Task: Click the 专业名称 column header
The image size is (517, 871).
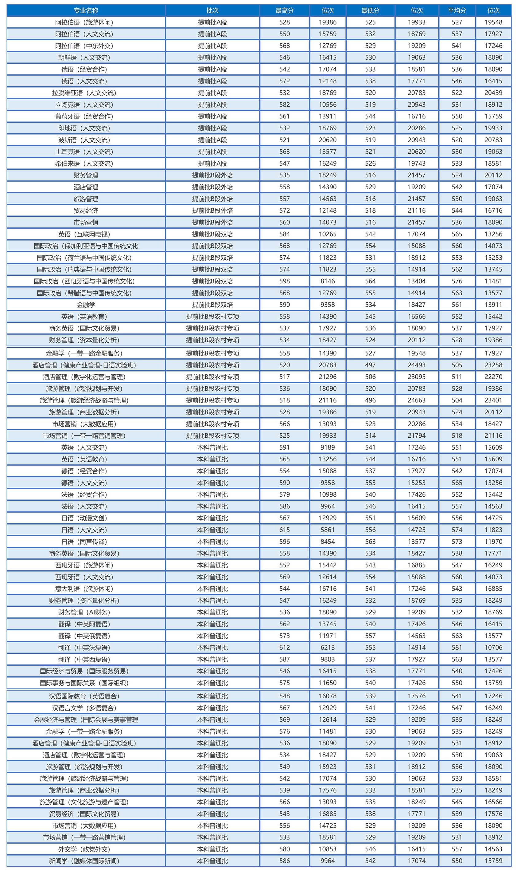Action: click(x=86, y=10)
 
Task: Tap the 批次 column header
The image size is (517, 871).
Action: click(x=212, y=10)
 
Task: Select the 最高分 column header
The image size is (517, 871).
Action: click(x=284, y=10)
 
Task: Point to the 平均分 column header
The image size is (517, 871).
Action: click(x=457, y=10)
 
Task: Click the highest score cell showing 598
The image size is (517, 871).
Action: click(x=284, y=281)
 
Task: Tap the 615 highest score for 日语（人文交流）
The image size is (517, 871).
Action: click(x=284, y=530)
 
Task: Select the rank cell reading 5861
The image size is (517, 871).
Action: click(x=328, y=530)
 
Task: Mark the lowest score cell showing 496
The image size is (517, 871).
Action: click(x=370, y=400)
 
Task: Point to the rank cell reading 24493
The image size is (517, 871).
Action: click(x=417, y=365)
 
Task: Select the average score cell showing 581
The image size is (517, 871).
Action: click(x=457, y=648)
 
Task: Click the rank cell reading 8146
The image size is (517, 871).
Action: click(x=328, y=281)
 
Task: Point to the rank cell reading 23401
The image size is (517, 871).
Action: click(x=493, y=400)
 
